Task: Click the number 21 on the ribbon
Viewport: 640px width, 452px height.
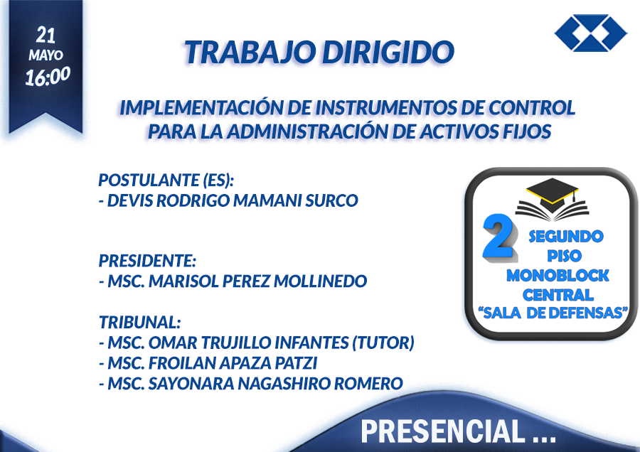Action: click(x=46, y=35)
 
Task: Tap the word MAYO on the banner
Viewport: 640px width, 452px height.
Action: click(x=46, y=55)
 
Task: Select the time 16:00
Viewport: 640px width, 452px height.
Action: click(x=48, y=76)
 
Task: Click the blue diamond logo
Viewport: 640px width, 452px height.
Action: click(x=590, y=33)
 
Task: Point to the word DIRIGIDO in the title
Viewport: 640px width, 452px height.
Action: click(x=388, y=52)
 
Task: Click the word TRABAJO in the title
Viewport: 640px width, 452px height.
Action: click(x=250, y=52)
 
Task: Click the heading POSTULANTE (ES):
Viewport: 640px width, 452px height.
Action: click(x=166, y=180)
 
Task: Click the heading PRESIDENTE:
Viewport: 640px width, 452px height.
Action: click(x=147, y=261)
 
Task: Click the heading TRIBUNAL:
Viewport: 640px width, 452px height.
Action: click(x=139, y=322)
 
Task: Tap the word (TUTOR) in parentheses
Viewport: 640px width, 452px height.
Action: click(x=383, y=343)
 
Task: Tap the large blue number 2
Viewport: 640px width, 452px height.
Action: click(x=500, y=237)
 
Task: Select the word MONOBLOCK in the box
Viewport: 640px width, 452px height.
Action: click(x=558, y=275)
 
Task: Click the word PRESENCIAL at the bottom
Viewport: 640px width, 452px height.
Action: click(x=443, y=431)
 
